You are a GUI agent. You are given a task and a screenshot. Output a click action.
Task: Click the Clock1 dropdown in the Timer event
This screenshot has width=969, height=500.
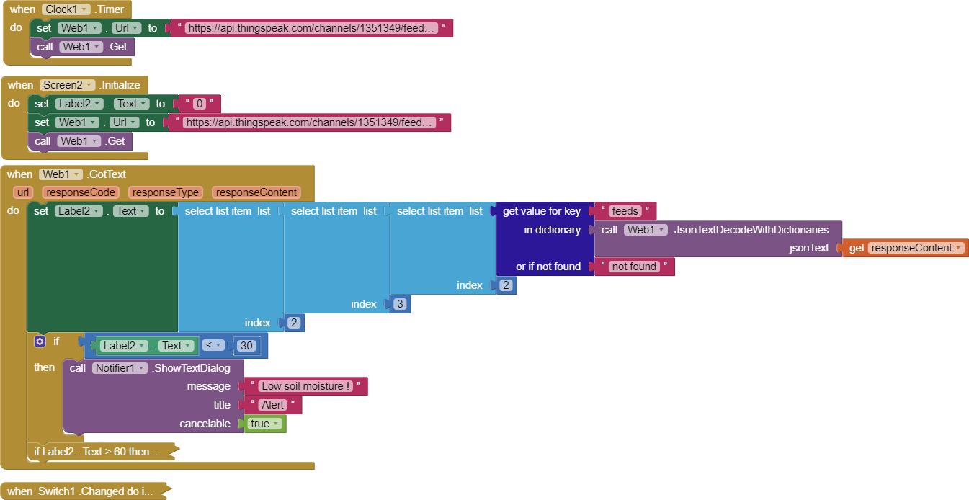[x=66, y=9]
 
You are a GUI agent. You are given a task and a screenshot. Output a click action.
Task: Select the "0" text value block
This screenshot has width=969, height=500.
[x=199, y=104]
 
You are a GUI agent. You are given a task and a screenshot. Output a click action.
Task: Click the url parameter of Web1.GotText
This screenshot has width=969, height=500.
[x=23, y=192]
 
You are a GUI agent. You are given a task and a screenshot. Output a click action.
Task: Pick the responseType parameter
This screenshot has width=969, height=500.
[x=166, y=192]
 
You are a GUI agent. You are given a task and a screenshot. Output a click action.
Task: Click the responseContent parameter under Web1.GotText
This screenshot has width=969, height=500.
[x=256, y=192]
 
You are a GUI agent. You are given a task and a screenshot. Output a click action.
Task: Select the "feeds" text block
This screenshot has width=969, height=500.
[x=624, y=211]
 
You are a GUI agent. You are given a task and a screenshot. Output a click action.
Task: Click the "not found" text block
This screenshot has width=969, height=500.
[x=633, y=267]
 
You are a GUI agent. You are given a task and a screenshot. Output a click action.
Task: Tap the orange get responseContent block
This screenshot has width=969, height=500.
[x=906, y=248]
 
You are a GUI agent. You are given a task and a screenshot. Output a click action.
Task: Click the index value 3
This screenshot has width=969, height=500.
[x=400, y=304]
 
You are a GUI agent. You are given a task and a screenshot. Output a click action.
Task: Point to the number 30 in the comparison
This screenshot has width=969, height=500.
[x=246, y=346]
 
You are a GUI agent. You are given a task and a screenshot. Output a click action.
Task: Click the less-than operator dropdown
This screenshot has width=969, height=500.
[x=213, y=346]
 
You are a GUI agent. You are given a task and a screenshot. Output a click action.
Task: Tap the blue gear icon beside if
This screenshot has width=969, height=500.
[x=40, y=341]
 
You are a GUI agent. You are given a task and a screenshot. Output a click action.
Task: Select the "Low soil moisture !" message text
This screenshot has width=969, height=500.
[x=306, y=386]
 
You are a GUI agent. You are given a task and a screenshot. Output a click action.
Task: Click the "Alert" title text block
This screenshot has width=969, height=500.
[x=273, y=405]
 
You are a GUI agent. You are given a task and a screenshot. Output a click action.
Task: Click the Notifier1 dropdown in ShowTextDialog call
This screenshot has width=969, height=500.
[x=120, y=368]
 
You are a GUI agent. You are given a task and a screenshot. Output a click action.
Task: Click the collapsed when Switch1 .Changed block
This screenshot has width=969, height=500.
[x=79, y=491]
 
